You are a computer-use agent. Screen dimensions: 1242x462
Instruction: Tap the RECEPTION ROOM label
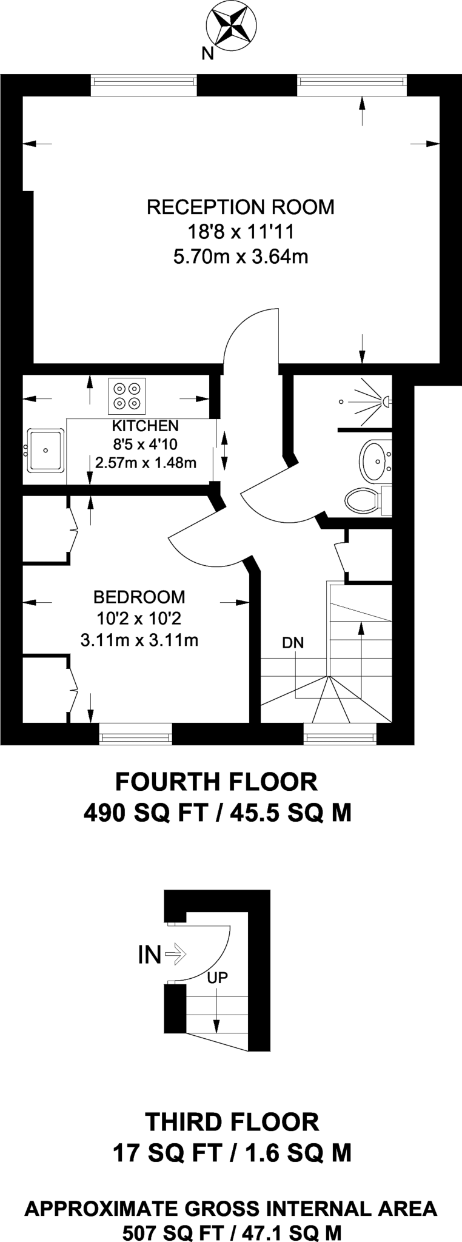241,207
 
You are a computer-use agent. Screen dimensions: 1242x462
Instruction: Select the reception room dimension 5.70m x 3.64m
241,257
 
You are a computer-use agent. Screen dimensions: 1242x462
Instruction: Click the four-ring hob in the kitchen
127,395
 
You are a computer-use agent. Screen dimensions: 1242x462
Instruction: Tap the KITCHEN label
146,426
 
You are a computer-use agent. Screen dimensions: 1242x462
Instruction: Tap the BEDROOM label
139,597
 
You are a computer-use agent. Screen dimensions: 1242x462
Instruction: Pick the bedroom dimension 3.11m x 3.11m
139,640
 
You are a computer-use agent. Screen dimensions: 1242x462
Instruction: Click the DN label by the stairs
293,643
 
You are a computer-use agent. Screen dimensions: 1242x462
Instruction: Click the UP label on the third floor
217,978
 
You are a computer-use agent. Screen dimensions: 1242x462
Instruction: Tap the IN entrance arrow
176,955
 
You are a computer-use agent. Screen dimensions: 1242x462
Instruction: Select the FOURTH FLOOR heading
216,782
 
